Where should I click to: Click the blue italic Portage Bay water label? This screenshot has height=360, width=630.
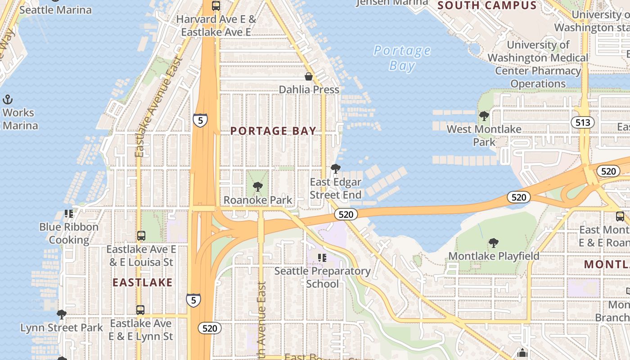pos(402,58)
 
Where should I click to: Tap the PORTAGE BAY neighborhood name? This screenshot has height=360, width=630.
pos(273,131)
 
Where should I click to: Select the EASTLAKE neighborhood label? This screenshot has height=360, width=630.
pos(142,282)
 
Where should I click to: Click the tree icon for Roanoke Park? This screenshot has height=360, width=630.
pos(258,187)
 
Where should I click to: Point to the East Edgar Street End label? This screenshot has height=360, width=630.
pos(335,189)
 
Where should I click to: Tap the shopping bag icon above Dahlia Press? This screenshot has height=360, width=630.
pos(309,76)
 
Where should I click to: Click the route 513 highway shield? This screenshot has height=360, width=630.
pos(583,122)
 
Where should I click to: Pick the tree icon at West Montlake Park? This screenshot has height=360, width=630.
pos(484,116)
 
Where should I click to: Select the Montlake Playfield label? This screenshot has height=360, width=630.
pos(494,256)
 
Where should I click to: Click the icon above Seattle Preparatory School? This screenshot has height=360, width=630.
pos(322,258)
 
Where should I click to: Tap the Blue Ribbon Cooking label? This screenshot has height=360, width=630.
pos(69,233)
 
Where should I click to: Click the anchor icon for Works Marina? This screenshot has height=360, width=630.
pos(8,99)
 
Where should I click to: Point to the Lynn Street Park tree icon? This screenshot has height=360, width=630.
pos(62,314)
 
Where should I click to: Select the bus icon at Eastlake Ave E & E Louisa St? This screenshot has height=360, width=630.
pos(141,235)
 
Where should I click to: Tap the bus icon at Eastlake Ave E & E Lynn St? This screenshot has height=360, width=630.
pos(140,310)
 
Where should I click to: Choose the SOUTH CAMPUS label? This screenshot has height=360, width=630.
pos(487,5)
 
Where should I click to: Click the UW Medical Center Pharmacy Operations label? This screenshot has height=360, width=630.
pos(538,64)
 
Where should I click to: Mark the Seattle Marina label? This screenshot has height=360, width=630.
pos(55,10)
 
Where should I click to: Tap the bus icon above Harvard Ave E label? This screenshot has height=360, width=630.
pos(216,6)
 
